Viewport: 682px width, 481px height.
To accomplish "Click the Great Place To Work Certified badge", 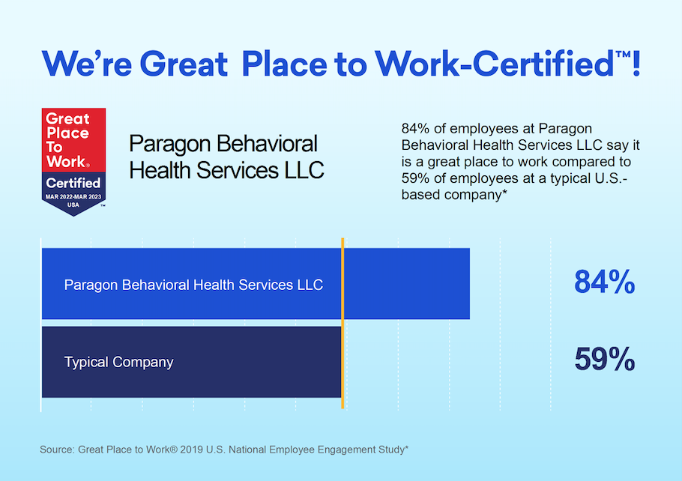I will coord(73,161).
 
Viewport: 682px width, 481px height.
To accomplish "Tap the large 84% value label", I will coord(604,283).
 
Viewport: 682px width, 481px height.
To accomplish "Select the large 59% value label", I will coord(604,360).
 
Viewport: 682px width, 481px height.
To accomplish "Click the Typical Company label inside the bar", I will coord(118,363).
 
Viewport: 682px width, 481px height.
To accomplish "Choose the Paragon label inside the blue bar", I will coord(193,285).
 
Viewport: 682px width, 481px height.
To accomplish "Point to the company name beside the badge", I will coord(226,157).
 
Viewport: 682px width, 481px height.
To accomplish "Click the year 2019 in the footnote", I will coord(208,450).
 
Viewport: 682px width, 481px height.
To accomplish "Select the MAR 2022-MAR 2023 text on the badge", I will coord(73,196).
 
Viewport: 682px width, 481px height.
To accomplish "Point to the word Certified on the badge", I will coord(73,183).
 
